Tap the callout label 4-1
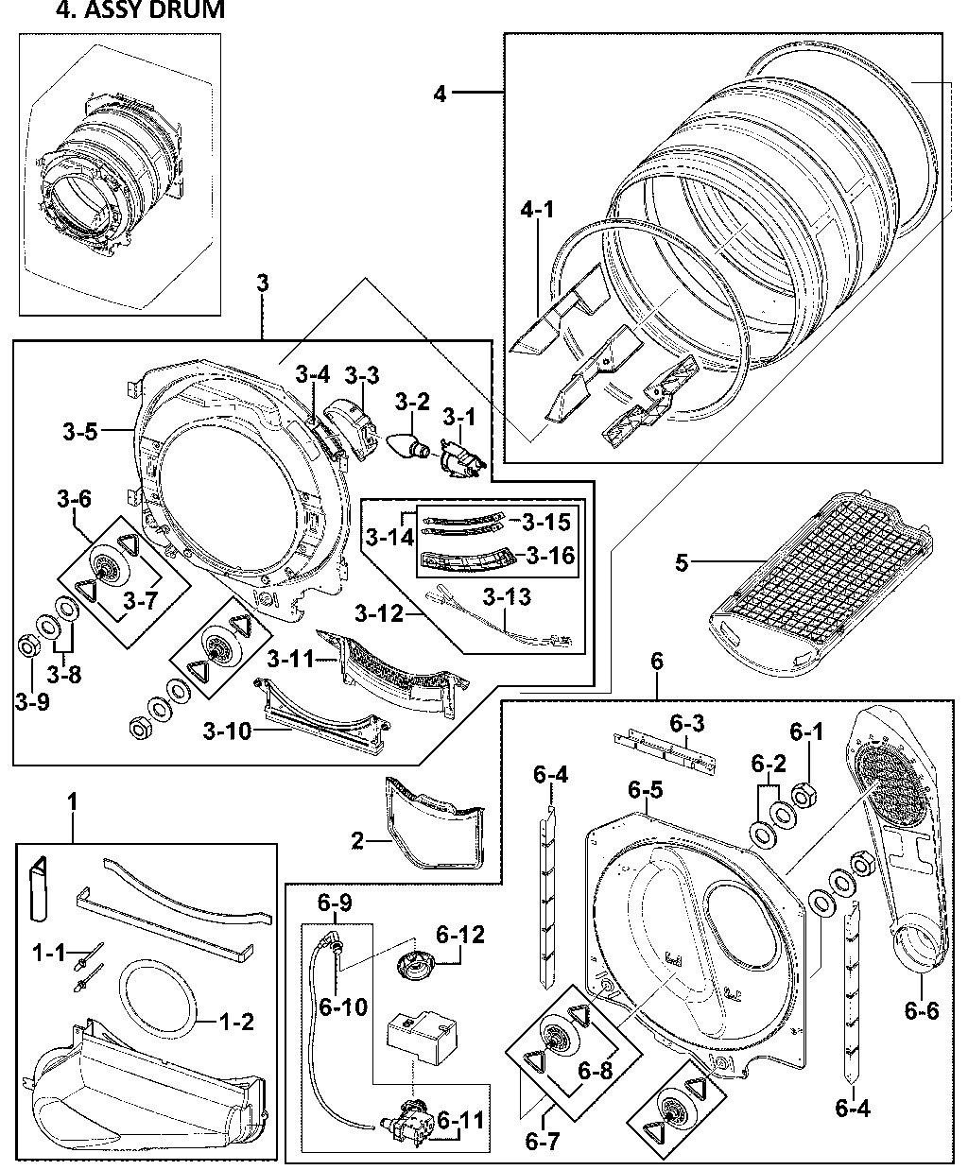pyautogui.click(x=536, y=211)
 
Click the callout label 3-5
pyautogui.click(x=81, y=433)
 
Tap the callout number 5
pyautogui.click(x=682, y=564)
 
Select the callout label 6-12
pyautogui.click(x=459, y=935)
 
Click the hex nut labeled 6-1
pyautogui.click(x=804, y=797)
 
